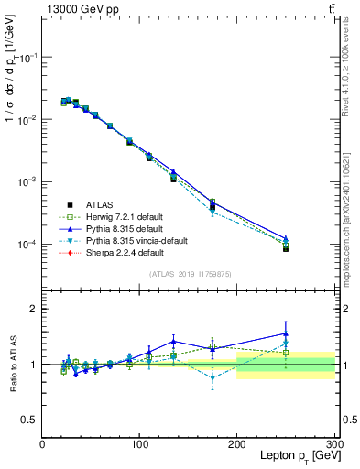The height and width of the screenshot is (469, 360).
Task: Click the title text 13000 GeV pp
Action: point(77,8)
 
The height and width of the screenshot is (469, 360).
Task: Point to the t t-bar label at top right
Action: point(330,8)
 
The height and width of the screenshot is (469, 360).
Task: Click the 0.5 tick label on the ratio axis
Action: point(29,420)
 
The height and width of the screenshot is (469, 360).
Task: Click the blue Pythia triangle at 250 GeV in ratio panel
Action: point(286,333)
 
